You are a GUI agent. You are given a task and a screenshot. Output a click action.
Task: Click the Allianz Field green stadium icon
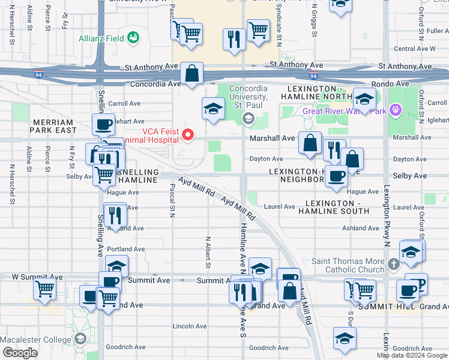(x=133, y=38)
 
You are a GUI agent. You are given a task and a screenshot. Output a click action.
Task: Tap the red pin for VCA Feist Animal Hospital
(x=188, y=135)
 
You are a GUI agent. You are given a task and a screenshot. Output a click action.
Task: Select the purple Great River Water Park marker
(x=394, y=110)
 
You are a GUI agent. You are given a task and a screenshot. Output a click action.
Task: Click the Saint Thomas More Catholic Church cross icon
(x=394, y=264)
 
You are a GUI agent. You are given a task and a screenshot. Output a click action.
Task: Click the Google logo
(x=20, y=353)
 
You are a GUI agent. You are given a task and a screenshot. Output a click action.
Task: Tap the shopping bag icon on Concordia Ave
(x=191, y=75)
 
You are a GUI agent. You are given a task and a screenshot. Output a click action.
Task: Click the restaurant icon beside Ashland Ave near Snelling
(x=115, y=214)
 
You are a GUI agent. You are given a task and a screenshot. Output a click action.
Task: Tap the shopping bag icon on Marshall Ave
(x=310, y=144)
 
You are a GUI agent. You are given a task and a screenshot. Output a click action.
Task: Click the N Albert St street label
(x=208, y=252)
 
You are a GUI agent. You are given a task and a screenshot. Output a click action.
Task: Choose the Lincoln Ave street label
(x=190, y=326)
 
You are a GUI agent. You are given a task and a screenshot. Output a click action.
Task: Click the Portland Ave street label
(x=126, y=249)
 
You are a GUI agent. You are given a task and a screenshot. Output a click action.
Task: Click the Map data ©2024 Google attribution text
(x=411, y=355)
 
